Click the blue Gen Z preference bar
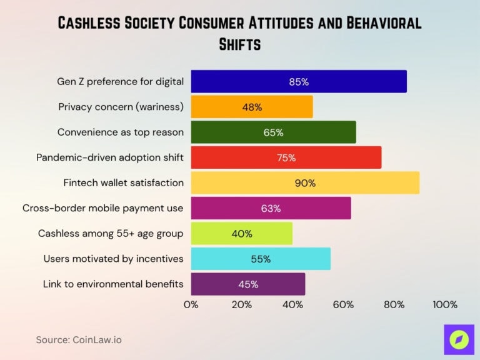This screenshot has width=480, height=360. (x=299, y=82)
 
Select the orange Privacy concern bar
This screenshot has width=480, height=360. (x=252, y=107)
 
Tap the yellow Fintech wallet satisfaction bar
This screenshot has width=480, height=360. (x=305, y=183)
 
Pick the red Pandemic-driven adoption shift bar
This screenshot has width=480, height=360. (x=286, y=157)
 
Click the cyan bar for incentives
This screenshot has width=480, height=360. (x=261, y=259)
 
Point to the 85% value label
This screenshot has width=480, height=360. (x=299, y=82)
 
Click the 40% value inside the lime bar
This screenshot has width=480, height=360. (x=242, y=234)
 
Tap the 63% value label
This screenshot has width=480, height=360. (x=271, y=209)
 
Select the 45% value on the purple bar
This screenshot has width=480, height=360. (x=248, y=284)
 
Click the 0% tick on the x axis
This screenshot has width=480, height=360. (x=191, y=305)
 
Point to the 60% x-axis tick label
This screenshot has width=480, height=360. (x=343, y=305)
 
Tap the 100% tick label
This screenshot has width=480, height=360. (x=445, y=305)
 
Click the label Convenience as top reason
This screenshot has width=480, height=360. (x=121, y=132)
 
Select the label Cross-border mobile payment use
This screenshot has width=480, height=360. (x=103, y=208)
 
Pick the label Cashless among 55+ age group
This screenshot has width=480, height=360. (x=111, y=234)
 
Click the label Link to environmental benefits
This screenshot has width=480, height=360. (x=113, y=284)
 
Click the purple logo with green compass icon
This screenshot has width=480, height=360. (x=459, y=339)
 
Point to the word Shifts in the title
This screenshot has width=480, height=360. (x=240, y=45)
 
